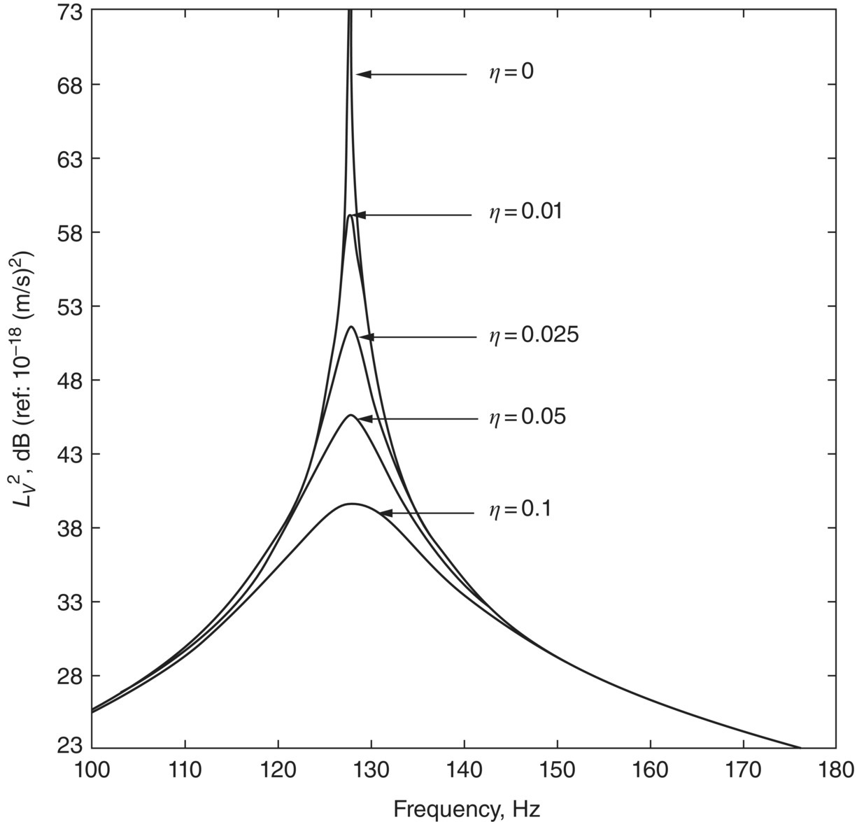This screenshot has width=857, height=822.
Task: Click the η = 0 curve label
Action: (511, 72)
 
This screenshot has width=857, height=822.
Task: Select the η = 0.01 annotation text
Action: (525, 212)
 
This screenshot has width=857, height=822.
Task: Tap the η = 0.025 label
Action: (533, 336)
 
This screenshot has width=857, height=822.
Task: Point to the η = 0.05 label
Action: (526, 418)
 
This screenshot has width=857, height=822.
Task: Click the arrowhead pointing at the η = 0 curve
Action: (362, 74)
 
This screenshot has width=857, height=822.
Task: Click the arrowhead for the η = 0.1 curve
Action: (385, 513)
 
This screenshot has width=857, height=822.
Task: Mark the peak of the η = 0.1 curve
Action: (351, 504)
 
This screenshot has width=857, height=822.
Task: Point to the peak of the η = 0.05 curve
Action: (350, 416)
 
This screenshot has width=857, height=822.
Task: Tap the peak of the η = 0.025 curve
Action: (350, 327)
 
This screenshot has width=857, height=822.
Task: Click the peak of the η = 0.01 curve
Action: (350, 215)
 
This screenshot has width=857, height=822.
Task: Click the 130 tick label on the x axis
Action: (371, 770)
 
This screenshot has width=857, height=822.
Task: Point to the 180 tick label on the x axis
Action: (836, 770)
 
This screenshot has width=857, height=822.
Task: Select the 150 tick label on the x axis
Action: (557, 770)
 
